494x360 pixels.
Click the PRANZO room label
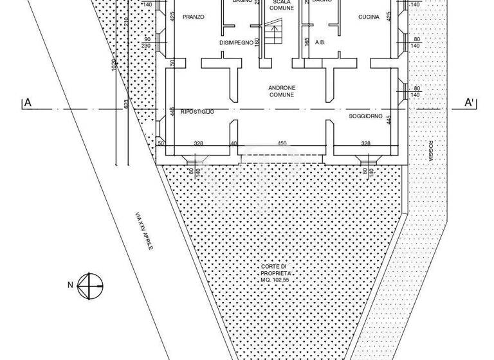tap(193, 17)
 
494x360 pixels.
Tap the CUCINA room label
tap(369, 17)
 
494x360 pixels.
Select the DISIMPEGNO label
tap(235, 43)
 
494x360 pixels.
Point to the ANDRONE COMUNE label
tap(282, 91)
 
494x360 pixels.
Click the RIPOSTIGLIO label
tap(197, 112)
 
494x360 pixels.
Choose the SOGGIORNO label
tap(365, 116)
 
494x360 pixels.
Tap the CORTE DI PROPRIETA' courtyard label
tap(277, 271)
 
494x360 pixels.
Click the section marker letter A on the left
tap(28, 102)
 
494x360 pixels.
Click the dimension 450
tap(282, 144)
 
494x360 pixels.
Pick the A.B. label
tap(320, 42)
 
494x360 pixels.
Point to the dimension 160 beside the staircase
tap(257, 42)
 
